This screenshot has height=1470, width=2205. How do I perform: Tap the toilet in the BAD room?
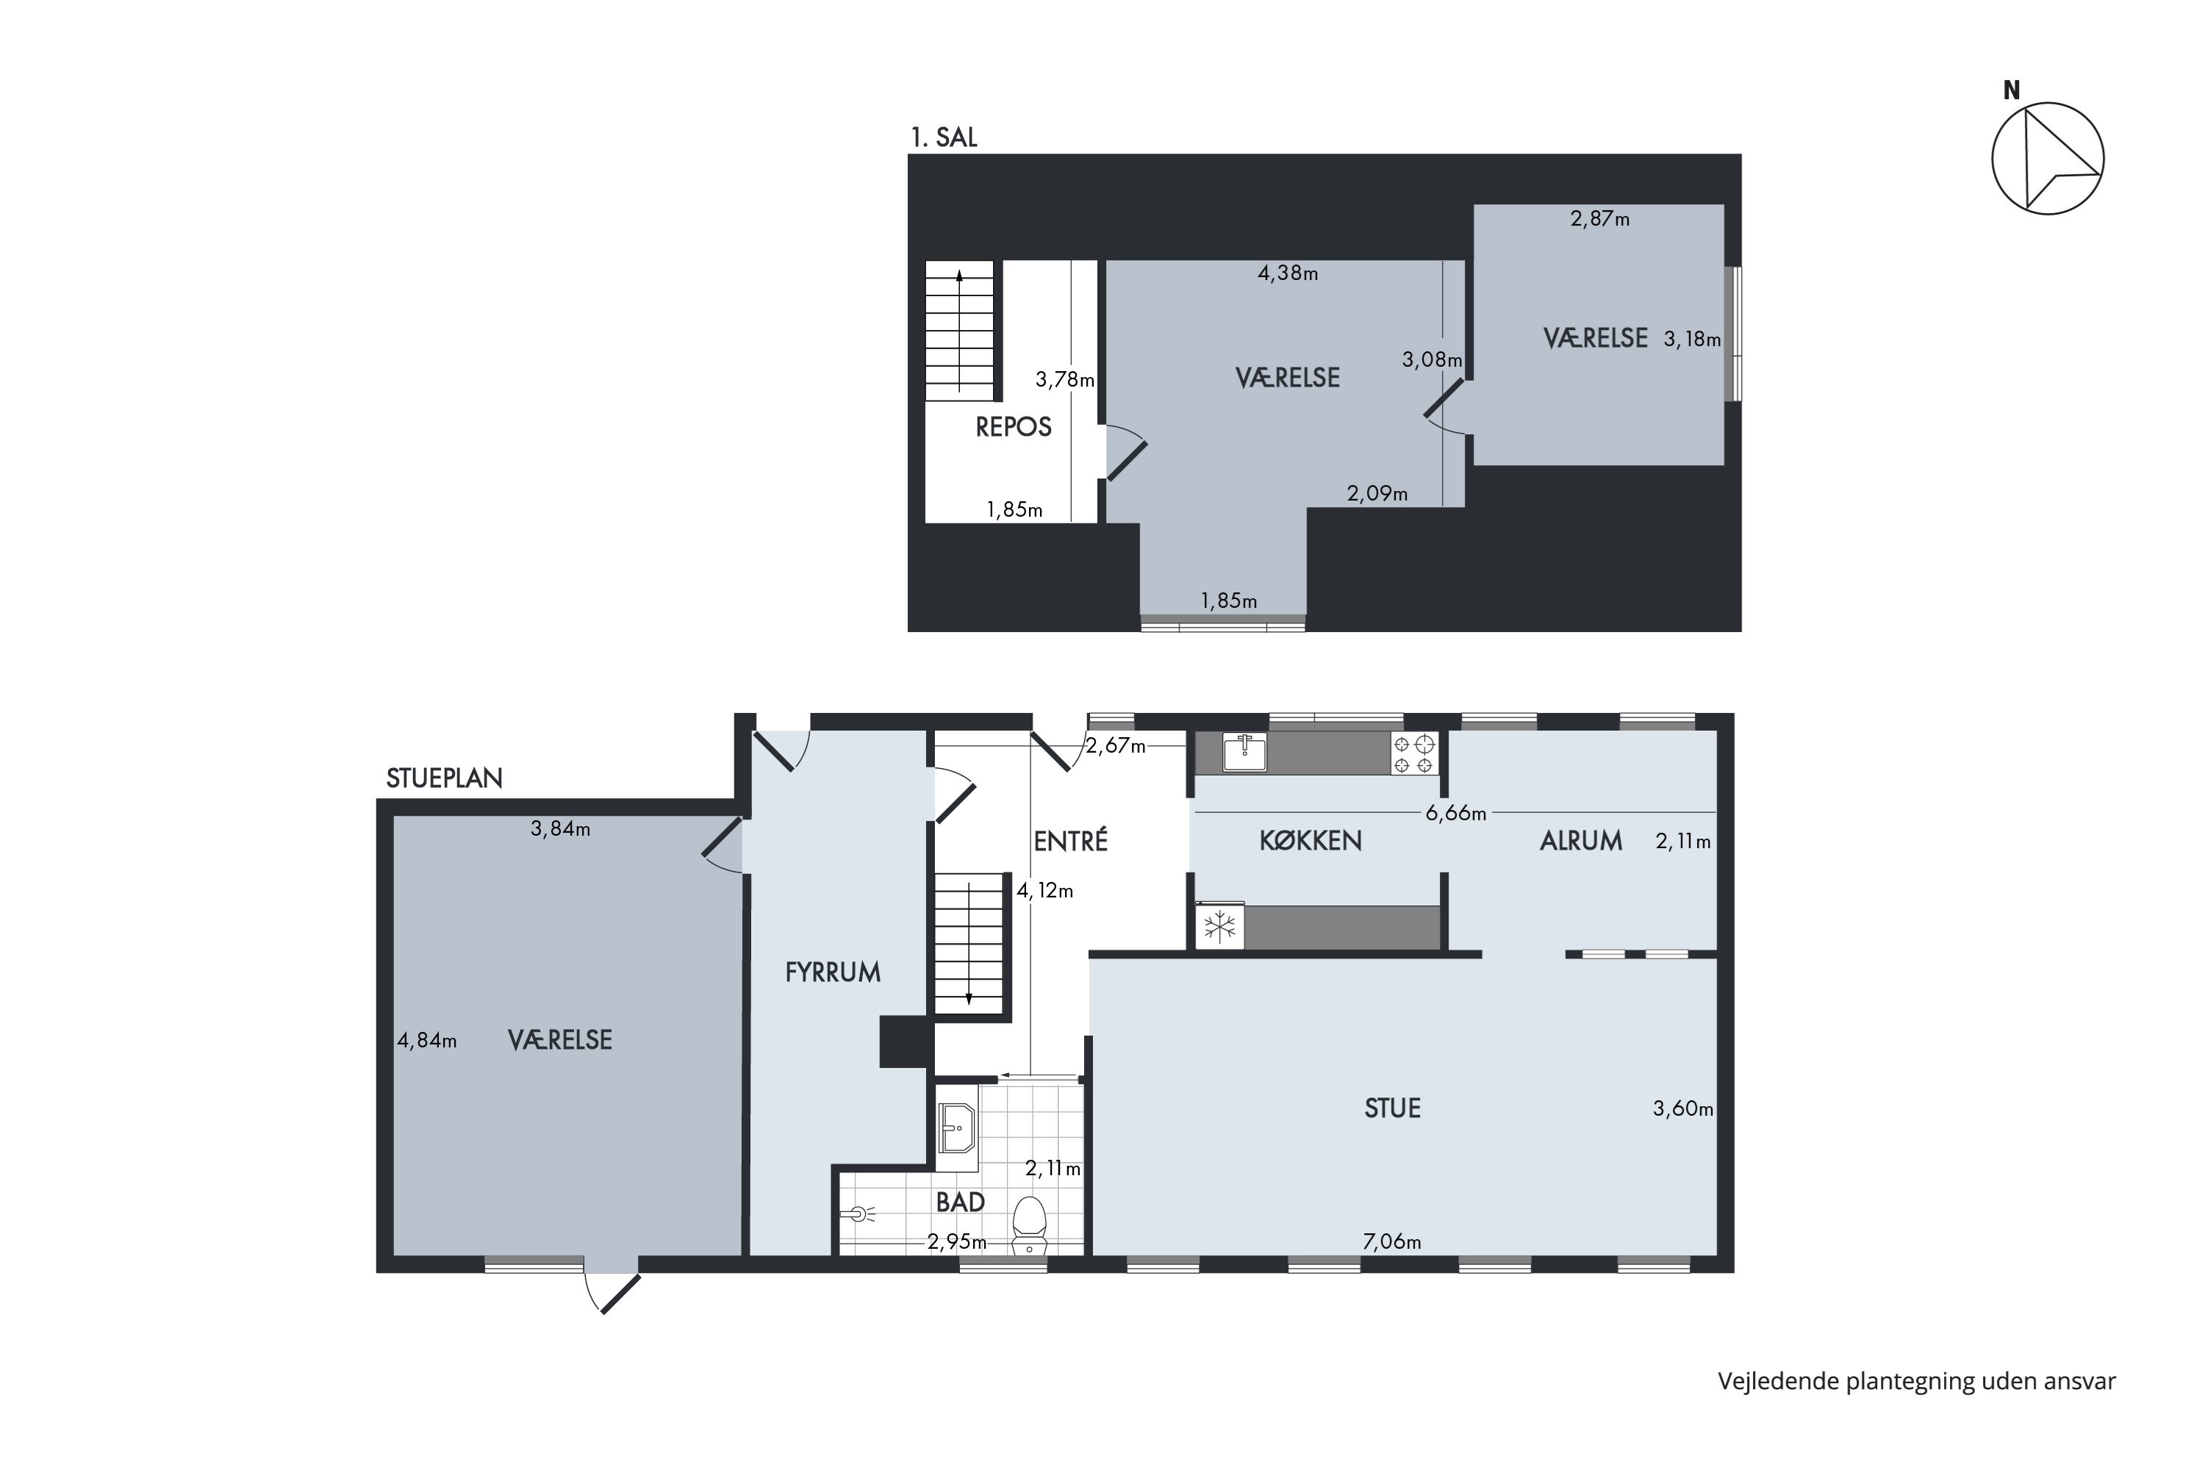(1030, 1225)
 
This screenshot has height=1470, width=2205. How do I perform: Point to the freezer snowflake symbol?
(1219, 927)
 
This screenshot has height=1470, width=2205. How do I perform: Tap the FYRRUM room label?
(833, 972)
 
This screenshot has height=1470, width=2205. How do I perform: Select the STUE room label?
(1392, 1108)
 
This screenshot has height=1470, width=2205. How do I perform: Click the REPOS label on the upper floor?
(1014, 428)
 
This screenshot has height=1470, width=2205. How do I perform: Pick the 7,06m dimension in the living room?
(1392, 1242)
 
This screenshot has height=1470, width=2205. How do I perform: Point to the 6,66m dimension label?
(1456, 814)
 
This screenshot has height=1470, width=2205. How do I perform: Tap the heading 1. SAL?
(944, 138)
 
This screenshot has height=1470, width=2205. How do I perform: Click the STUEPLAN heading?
(445, 778)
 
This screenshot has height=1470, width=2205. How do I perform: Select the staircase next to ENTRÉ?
(969, 942)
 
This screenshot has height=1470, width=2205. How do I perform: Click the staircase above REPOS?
(959, 330)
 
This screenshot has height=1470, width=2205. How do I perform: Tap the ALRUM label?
(1581, 841)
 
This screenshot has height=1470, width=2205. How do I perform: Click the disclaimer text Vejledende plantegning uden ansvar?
(1917, 1381)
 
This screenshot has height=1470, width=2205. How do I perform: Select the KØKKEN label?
(1311, 841)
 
